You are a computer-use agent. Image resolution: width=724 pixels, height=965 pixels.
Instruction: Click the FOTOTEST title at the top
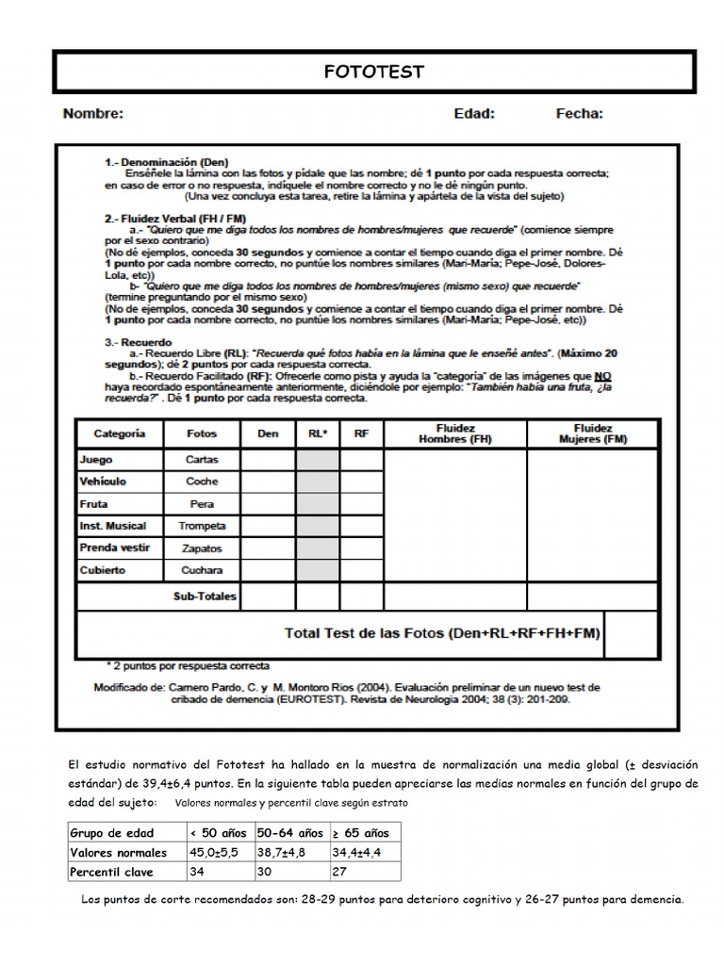click(x=374, y=72)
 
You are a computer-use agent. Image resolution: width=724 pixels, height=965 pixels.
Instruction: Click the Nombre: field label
click(x=93, y=114)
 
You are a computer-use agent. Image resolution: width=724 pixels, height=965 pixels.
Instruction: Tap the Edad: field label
click(x=474, y=114)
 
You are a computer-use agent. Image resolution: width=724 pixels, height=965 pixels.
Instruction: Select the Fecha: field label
click(x=580, y=114)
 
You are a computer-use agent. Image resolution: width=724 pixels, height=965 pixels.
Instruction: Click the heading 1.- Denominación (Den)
click(x=166, y=162)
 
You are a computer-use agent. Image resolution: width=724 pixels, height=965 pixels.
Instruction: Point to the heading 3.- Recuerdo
click(x=138, y=343)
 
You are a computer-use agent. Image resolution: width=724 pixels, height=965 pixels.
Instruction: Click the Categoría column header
click(x=120, y=433)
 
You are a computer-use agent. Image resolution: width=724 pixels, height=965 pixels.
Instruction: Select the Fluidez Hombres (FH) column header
click(x=455, y=433)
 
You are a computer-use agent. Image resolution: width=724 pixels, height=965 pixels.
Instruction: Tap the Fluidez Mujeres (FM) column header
click(x=592, y=433)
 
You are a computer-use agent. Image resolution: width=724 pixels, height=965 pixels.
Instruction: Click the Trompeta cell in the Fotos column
click(x=202, y=526)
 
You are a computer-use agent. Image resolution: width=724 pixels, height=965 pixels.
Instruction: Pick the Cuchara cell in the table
click(x=202, y=570)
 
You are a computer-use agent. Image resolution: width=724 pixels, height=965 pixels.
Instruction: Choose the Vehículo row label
click(x=103, y=482)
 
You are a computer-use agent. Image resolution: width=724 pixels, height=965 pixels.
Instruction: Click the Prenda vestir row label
click(x=114, y=548)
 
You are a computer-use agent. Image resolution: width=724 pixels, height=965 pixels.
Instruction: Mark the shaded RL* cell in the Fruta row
click(x=317, y=504)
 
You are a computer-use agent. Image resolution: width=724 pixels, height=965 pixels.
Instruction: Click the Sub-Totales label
click(x=205, y=597)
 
